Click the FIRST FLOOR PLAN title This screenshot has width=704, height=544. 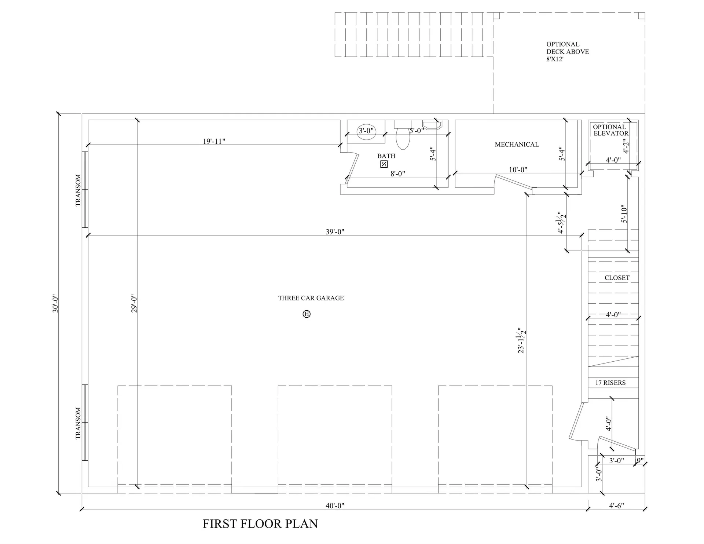(x=260, y=523)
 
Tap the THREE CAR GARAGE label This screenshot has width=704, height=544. (x=311, y=298)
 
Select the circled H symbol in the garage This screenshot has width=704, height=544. (x=307, y=314)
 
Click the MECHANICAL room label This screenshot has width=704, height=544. (x=517, y=145)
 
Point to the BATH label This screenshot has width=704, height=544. (x=386, y=156)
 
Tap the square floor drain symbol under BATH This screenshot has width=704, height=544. (x=384, y=164)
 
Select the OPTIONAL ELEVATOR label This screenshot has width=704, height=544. (x=610, y=130)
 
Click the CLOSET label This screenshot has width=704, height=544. (x=617, y=278)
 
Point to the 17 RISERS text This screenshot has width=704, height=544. (x=610, y=383)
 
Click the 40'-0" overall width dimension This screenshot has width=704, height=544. (x=335, y=506)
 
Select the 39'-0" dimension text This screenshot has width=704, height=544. (x=335, y=232)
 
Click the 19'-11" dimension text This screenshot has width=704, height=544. (x=214, y=141)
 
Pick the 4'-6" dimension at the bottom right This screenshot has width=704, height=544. (x=616, y=506)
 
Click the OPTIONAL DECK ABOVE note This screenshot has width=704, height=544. (x=567, y=51)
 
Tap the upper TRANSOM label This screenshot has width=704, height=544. (x=78, y=190)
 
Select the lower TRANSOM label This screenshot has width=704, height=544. (x=78, y=423)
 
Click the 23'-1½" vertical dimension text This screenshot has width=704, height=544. (x=521, y=340)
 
